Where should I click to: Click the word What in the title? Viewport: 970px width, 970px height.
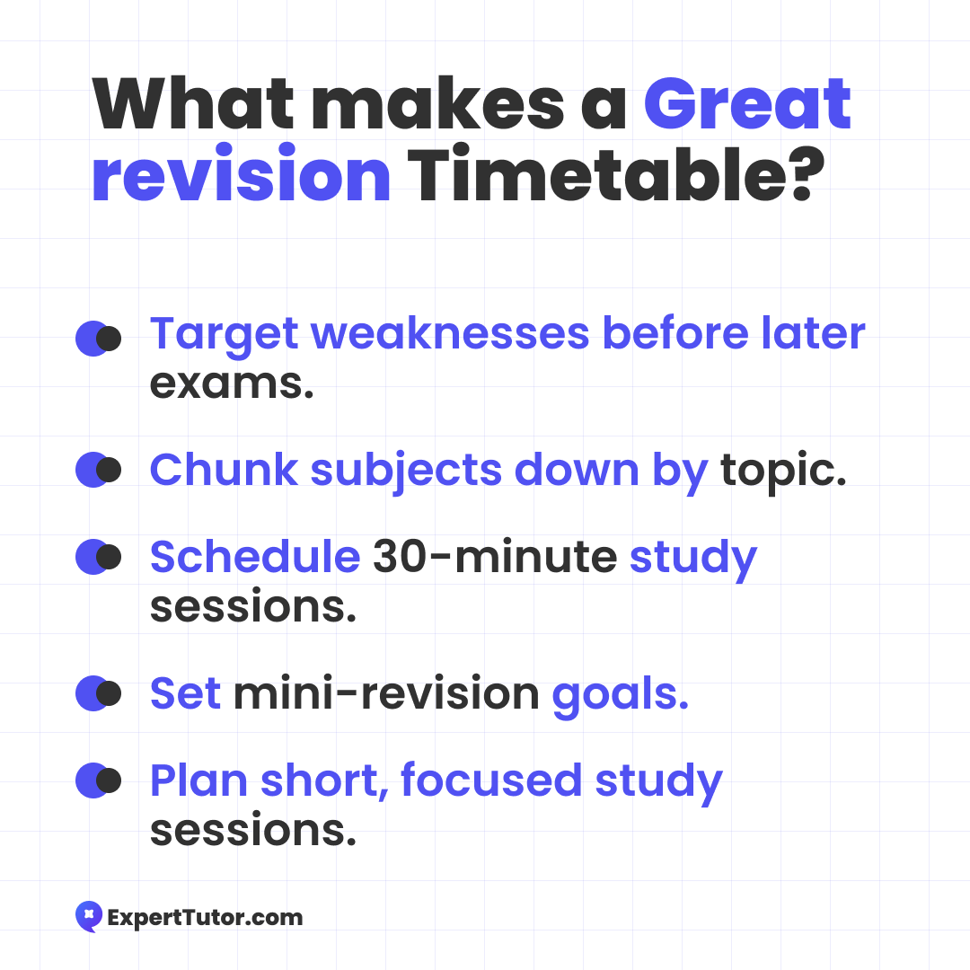coord(192,103)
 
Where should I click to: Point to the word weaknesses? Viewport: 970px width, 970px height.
coord(450,333)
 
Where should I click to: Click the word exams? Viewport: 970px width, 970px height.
coord(232,384)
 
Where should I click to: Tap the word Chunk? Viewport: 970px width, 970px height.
coord(224,470)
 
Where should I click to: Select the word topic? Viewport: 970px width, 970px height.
coord(783,472)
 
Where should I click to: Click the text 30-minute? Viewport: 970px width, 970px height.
coord(495,556)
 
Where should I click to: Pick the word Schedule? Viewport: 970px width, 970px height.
coord(255,556)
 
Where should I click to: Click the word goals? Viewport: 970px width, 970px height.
coord(620,695)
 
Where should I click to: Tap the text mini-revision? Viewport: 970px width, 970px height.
coord(386,692)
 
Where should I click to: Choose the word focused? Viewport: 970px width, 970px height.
coord(491,780)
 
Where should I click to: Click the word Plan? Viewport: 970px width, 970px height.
coord(199,780)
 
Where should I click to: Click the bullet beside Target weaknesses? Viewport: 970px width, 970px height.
coord(99,339)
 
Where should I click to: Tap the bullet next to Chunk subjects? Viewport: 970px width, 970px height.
coord(99,470)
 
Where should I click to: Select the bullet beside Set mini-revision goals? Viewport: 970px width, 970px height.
coord(99,692)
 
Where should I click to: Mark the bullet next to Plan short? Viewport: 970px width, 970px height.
coord(99,780)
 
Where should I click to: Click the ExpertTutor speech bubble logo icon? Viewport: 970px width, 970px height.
coord(89,916)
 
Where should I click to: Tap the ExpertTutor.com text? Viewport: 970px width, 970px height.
coord(206,918)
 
